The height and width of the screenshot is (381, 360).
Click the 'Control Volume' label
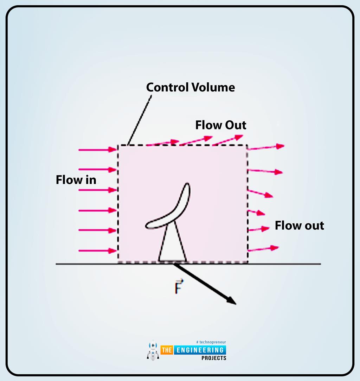click(x=190, y=87)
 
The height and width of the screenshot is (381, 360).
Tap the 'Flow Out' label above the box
click(x=221, y=125)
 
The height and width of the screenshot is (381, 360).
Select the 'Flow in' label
click(x=76, y=180)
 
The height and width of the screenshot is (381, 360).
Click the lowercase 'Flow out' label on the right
click(x=299, y=225)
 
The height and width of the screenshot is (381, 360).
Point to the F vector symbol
click(x=179, y=286)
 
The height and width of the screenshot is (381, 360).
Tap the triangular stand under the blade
click(x=172, y=246)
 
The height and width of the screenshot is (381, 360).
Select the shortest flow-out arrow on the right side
click(x=256, y=212)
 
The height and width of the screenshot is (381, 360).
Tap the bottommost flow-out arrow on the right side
click(x=263, y=249)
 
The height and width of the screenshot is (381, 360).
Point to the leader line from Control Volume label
click(x=140, y=119)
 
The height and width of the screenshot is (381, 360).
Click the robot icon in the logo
click(x=152, y=350)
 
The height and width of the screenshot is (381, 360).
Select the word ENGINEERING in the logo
click(x=199, y=350)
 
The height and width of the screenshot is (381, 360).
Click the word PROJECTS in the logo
click(x=214, y=358)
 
